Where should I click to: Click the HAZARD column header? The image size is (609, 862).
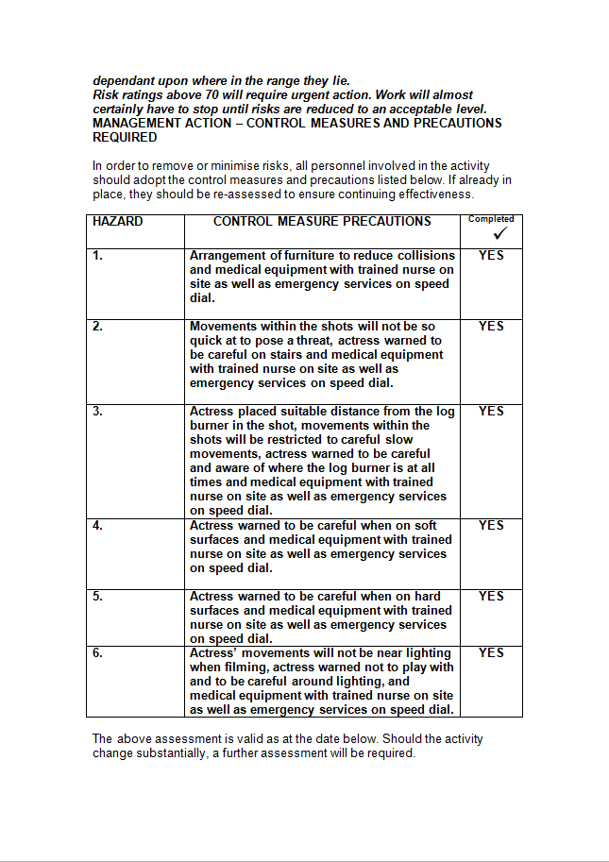[x=118, y=222]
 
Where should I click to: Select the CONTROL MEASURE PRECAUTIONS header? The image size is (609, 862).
[x=322, y=222]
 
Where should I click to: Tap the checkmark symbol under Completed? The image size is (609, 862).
[x=500, y=232]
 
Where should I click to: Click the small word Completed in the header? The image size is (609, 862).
[x=491, y=219]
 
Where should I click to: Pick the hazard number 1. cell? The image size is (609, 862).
[x=98, y=256]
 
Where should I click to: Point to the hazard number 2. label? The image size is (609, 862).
[x=98, y=327]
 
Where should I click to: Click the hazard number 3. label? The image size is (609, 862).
[x=98, y=412]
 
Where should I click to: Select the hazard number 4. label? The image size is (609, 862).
[x=98, y=526]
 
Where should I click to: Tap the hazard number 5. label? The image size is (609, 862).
[x=98, y=597]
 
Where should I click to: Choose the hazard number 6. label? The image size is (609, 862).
[x=98, y=653]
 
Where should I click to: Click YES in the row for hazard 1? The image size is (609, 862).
[x=491, y=256]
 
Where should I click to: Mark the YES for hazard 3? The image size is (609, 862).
[x=491, y=412]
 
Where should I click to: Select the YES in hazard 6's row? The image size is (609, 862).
[x=491, y=653]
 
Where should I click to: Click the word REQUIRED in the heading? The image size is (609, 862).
[x=125, y=138]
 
